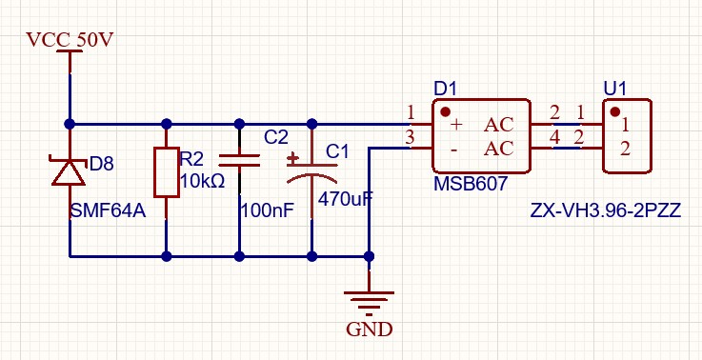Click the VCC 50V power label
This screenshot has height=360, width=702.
tap(70, 40)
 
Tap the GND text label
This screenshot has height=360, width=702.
tap(370, 330)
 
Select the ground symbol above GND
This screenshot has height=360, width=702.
tap(369, 301)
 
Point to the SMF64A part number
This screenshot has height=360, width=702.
tap(109, 210)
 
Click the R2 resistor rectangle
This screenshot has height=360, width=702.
tap(167, 172)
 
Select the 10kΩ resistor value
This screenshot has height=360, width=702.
tap(203, 181)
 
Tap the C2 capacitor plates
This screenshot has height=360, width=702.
tap(239, 161)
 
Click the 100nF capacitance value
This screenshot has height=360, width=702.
tap(267, 210)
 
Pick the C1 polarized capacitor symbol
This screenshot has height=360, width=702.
tap(312, 172)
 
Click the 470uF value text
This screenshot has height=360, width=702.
tap(345, 199)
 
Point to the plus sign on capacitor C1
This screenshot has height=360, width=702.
tap(293, 158)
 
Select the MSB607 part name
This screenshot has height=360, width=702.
tap(471, 184)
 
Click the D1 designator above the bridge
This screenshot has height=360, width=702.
tap(445, 90)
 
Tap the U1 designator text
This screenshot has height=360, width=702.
tap(614, 90)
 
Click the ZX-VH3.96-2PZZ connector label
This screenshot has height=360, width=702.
tap(606, 210)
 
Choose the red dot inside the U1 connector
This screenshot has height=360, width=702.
tap(615, 111)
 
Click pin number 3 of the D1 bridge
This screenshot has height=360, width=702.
tap(410, 138)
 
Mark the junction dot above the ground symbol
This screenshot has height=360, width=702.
tap(369, 256)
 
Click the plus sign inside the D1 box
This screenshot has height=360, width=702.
tap(455, 125)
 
